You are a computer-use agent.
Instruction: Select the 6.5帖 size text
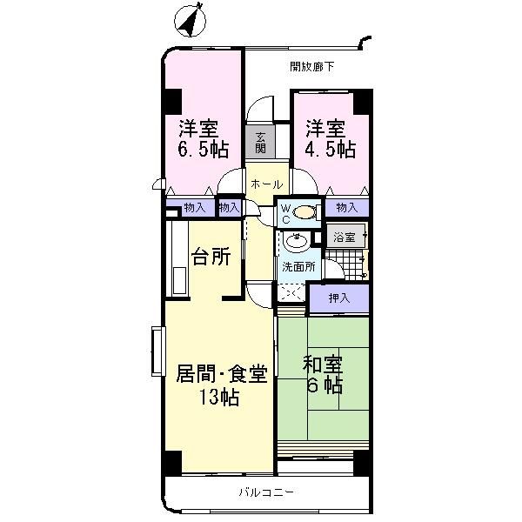click(x=204, y=150)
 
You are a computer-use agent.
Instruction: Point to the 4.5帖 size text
click(x=330, y=150)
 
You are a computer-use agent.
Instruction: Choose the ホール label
click(x=265, y=184)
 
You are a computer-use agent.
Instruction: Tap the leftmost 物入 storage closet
click(x=194, y=207)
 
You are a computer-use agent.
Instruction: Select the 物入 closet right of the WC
click(x=346, y=207)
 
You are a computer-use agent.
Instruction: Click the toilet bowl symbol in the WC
click(x=304, y=211)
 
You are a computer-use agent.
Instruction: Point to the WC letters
click(x=284, y=213)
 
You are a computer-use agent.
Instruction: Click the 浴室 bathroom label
click(x=345, y=237)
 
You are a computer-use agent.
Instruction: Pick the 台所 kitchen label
click(x=211, y=257)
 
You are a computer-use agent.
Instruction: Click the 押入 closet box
click(x=339, y=298)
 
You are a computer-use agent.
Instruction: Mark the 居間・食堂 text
click(x=221, y=375)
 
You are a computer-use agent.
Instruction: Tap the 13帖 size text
click(x=217, y=398)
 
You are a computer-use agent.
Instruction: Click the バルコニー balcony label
click(x=267, y=492)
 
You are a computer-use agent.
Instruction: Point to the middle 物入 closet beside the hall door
click(x=229, y=207)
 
